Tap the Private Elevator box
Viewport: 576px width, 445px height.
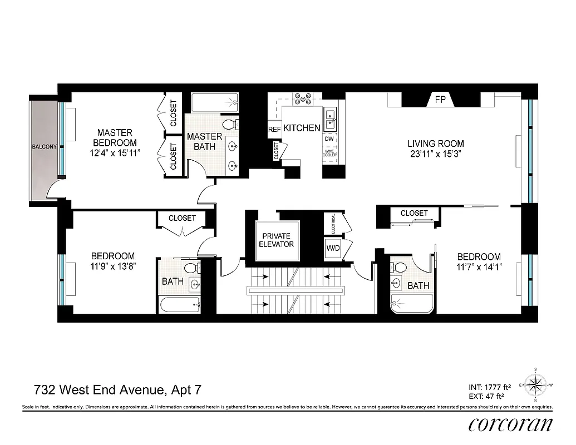point(277,240)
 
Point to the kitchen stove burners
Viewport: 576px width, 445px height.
point(303,99)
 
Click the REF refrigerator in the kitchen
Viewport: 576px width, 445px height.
point(274,129)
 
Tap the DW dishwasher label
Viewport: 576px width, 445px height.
point(329,138)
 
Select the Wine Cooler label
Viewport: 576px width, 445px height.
point(329,152)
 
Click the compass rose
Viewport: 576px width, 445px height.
point(535,384)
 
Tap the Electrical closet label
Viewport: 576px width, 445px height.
point(332,224)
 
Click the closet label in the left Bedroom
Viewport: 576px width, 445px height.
point(182,218)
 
